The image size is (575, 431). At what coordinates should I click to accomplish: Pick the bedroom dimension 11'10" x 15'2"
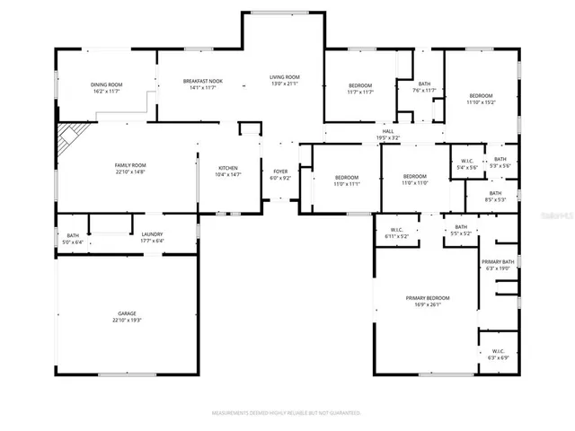(481, 101)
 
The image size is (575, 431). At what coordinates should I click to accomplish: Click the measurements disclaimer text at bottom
(286, 413)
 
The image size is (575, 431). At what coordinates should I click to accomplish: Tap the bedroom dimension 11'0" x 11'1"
(346, 183)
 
